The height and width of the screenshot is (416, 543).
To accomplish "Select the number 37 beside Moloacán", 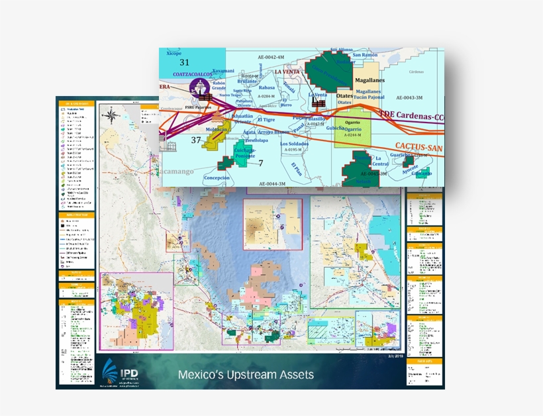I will click(x=196, y=140).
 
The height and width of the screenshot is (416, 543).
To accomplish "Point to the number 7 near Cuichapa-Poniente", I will click(x=261, y=163).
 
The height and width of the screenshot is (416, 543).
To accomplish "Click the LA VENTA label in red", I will click(x=289, y=72).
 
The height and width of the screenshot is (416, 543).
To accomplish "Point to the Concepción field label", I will click(x=217, y=178).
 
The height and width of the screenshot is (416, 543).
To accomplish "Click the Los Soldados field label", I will click(x=295, y=144).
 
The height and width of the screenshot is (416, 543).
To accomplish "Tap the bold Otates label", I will click(x=345, y=95).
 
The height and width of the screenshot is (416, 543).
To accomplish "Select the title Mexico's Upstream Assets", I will click(x=246, y=375).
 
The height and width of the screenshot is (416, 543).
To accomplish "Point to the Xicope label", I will click(x=174, y=53).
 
